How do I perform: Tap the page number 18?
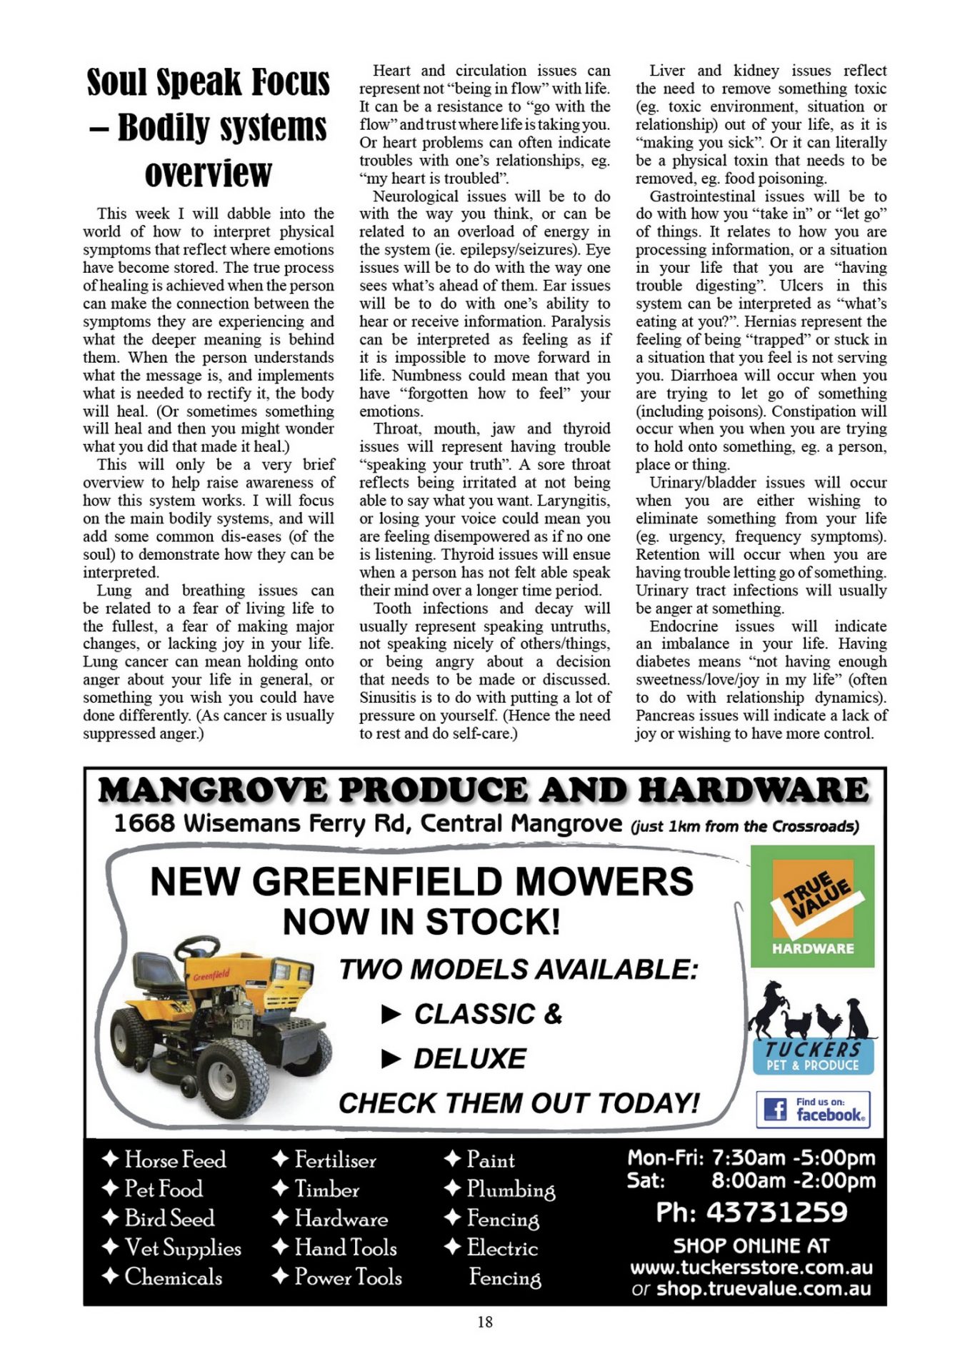click(x=485, y=1322)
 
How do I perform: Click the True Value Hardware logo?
click(x=812, y=906)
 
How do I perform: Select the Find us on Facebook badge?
click(x=813, y=1110)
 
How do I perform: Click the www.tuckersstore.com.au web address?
click(x=751, y=1267)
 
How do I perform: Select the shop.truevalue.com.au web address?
click(x=764, y=1289)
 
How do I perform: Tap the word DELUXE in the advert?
click(x=470, y=1058)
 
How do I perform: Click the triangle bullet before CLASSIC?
click(x=391, y=1014)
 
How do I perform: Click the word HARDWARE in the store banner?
click(x=754, y=790)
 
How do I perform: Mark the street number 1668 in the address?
click(x=144, y=823)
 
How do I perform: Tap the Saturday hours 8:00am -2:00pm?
click(x=793, y=1181)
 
